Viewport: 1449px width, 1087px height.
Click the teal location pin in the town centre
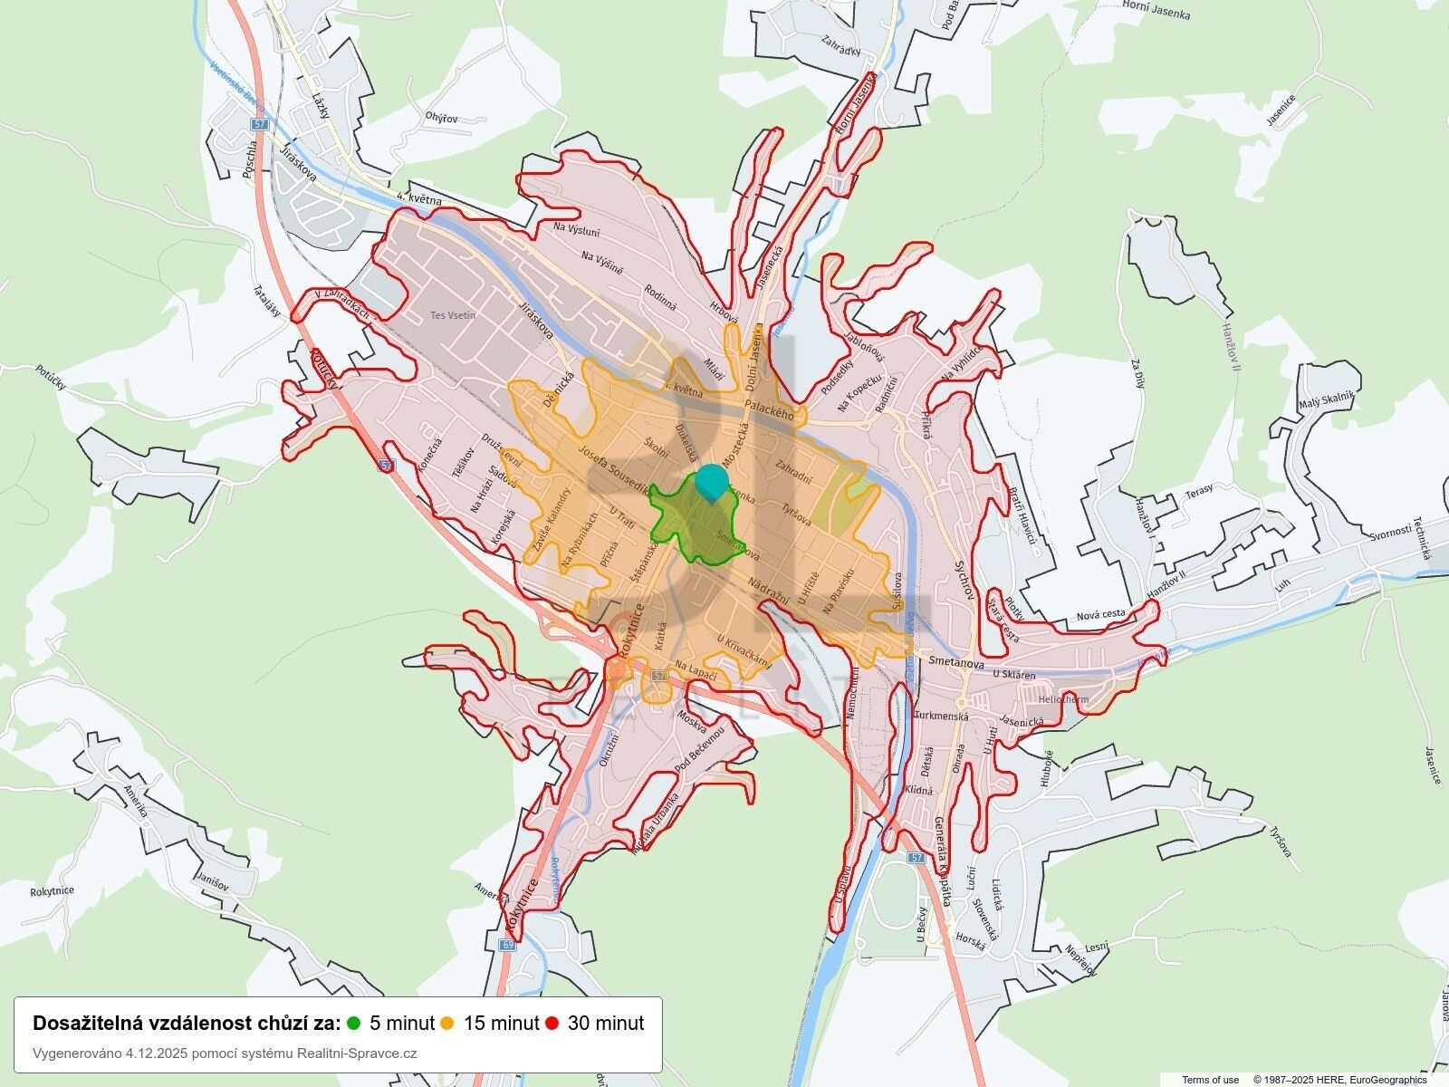point(711,481)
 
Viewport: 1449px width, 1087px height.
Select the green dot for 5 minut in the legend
point(354,1024)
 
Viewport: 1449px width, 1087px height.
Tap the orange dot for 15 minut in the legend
point(447,1024)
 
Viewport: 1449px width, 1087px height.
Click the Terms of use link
point(1211,1080)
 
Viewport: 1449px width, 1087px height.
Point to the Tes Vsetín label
point(453,316)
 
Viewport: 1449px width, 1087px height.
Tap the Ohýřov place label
point(441,118)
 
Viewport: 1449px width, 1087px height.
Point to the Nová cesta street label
point(1100,615)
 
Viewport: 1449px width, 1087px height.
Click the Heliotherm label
point(1062,700)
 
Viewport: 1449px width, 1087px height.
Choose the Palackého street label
point(769,409)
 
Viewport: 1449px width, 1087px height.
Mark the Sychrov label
point(963,580)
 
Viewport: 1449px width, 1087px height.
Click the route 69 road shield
point(507,945)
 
